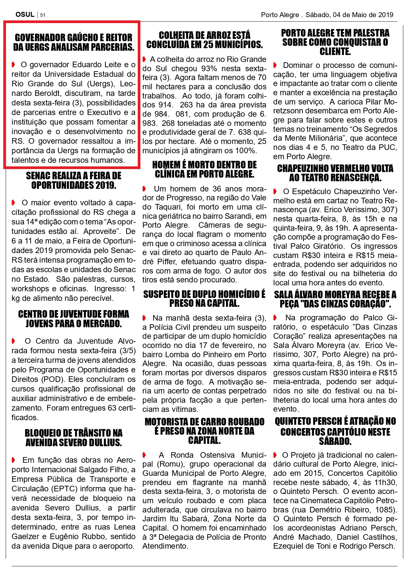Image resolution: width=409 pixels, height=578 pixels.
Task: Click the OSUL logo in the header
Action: point(25,14)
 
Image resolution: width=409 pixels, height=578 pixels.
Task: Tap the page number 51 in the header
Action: point(43,15)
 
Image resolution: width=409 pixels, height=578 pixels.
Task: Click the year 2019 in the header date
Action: point(385,14)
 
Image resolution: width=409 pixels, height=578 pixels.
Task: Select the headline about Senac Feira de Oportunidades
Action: point(73,180)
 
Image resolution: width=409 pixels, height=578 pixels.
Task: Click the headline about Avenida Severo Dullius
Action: point(73,437)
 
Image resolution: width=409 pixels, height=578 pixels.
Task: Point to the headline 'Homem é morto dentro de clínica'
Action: point(204,169)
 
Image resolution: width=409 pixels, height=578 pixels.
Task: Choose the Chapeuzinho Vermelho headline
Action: point(335,173)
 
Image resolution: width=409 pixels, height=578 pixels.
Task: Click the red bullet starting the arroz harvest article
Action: point(144,59)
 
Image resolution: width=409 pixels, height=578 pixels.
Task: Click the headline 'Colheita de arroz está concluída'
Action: point(204,40)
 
